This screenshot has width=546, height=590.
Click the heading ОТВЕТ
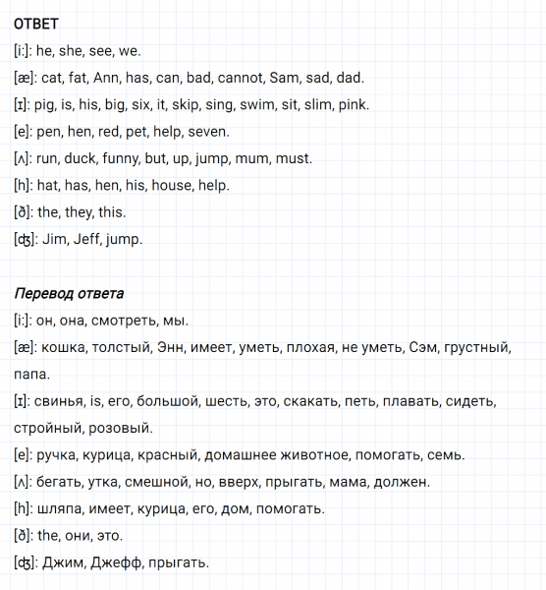pos(37,24)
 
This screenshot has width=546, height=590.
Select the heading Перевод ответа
pos(69,293)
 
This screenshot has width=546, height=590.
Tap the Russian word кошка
pos(62,347)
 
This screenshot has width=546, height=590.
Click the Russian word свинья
pos(62,401)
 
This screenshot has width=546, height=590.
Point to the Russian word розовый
pos(120,428)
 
